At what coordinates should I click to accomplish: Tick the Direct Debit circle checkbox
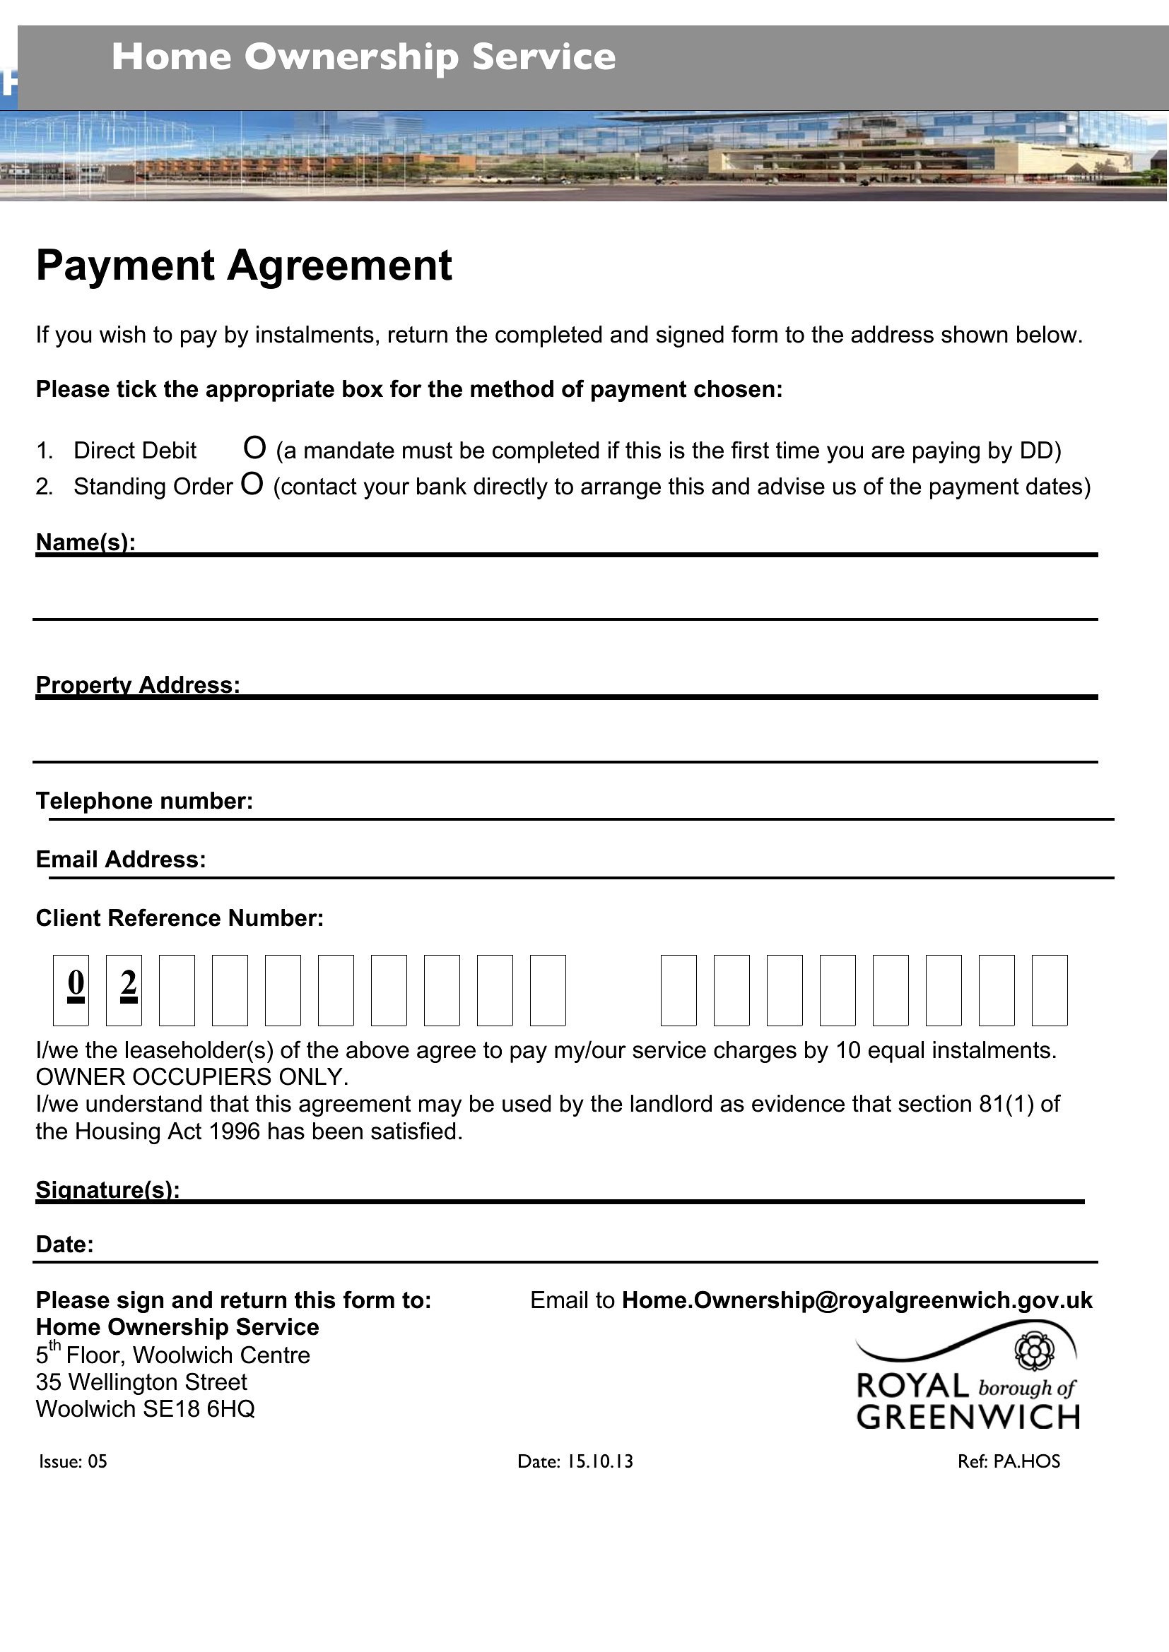click(x=255, y=448)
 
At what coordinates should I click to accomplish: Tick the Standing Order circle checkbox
click(x=252, y=484)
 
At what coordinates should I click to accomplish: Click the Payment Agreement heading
click(x=244, y=266)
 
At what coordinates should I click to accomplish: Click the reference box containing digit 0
click(x=71, y=990)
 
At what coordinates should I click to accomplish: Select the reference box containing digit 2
click(x=124, y=990)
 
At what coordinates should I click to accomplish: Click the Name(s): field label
click(x=86, y=542)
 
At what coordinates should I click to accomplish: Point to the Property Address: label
click(x=138, y=684)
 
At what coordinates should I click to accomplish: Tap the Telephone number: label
click(x=145, y=801)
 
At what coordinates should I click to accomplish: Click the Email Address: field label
click(x=121, y=859)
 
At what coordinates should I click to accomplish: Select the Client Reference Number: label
click(x=180, y=918)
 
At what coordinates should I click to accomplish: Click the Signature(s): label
click(x=108, y=1189)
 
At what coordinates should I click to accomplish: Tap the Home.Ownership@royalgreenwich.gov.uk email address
click(x=857, y=1300)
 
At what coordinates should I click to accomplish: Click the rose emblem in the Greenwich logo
click(x=1035, y=1351)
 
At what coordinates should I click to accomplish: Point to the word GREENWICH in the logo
click(x=968, y=1418)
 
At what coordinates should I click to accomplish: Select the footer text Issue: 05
click(x=73, y=1461)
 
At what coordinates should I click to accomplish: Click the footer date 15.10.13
click(x=599, y=1461)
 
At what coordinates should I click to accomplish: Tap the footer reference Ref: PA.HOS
click(x=1009, y=1461)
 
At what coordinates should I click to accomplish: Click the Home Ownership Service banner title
click(x=363, y=57)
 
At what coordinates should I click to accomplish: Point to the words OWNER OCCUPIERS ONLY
click(x=192, y=1077)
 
